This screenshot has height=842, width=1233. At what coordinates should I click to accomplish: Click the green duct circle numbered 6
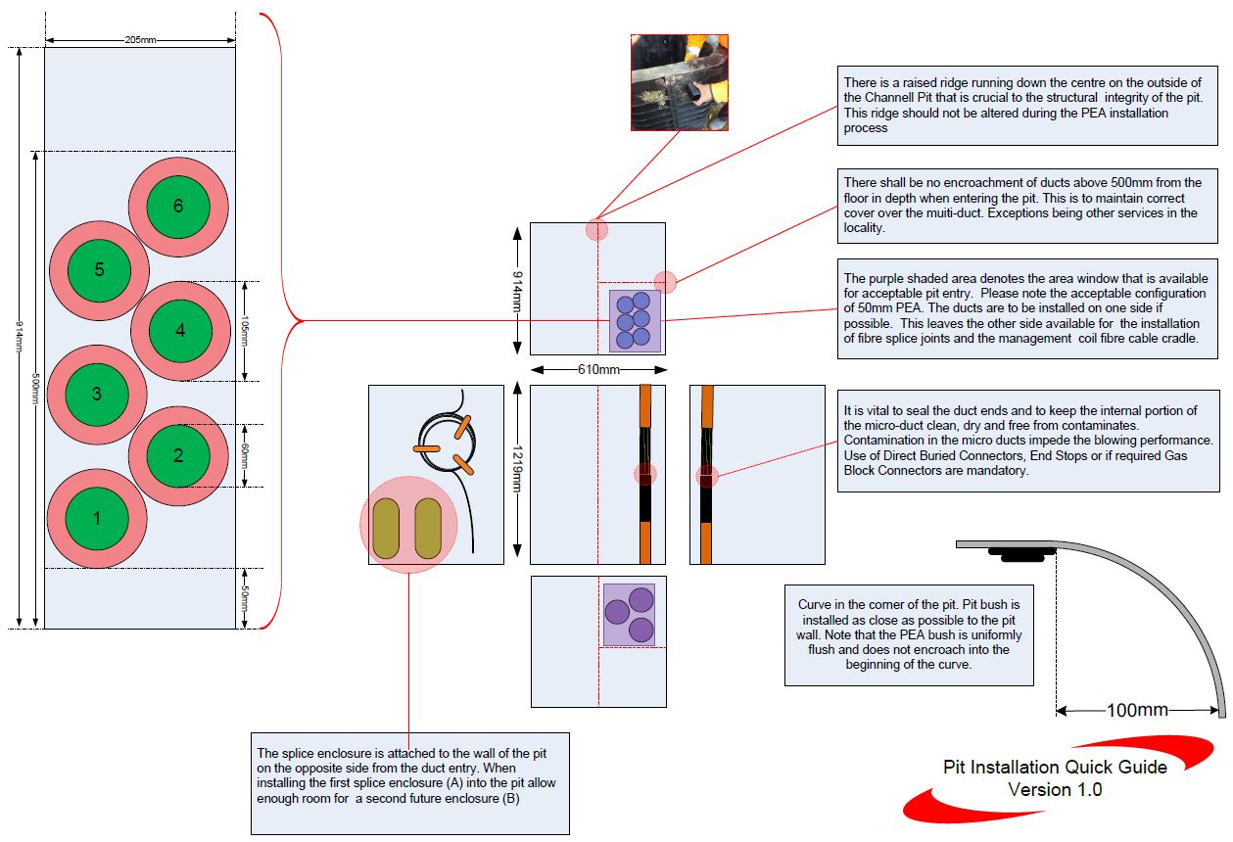tap(177, 207)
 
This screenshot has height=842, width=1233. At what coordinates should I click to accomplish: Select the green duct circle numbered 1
tap(96, 518)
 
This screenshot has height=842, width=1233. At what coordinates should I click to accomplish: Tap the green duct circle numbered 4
tap(179, 331)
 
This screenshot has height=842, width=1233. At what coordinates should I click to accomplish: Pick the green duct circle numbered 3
tap(96, 394)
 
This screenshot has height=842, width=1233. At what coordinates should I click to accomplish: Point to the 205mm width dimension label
tap(140, 40)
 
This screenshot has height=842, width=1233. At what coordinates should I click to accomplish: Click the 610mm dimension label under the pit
tap(598, 370)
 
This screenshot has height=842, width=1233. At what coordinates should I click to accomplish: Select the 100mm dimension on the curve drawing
tap(1136, 710)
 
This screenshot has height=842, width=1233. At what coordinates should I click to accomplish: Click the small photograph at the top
tap(680, 82)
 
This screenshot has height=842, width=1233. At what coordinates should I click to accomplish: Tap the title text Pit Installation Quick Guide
tap(1055, 767)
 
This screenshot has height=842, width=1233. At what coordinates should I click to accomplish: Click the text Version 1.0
tap(1055, 789)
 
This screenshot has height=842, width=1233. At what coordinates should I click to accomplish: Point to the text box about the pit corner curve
tap(909, 635)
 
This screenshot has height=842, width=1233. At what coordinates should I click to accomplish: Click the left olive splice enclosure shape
tap(387, 529)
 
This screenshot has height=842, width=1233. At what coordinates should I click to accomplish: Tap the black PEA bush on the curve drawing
tap(1021, 554)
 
